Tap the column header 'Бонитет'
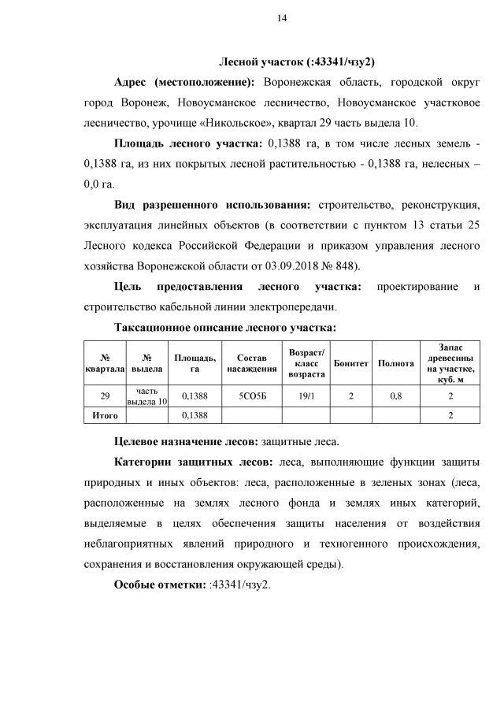coord(351,363)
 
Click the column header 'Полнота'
coord(396,363)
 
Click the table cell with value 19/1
coord(302,396)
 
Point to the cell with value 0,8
coord(396,396)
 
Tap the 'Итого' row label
coord(105,414)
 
